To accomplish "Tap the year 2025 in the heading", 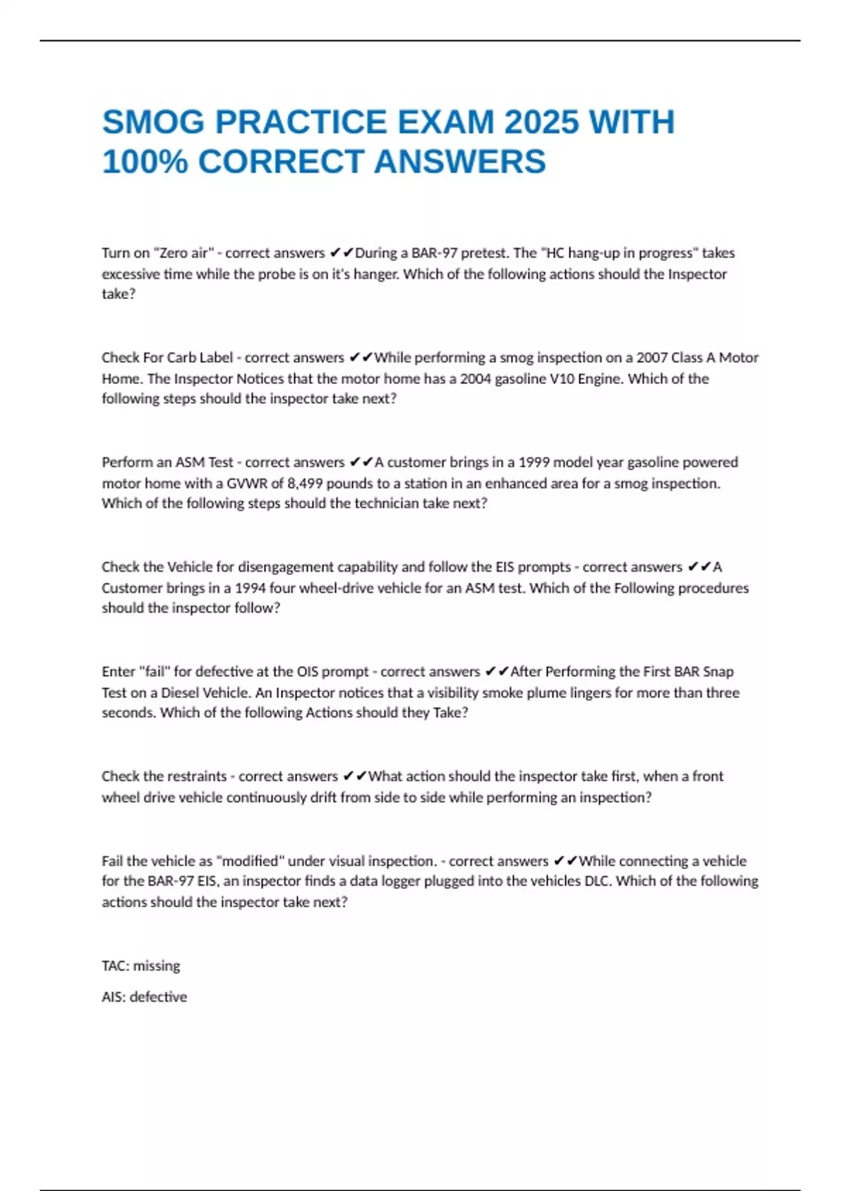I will pyautogui.click(x=540, y=123).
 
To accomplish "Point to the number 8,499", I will pyautogui.click(x=306, y=483).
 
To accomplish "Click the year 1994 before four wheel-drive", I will pyautogui.click(x=249, y=588).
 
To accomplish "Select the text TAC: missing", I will pyautogui.click(x=141, y=966).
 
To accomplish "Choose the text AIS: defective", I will pyautogui.click(x=144, y=997).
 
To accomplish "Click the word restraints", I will pyautogui.click(x=197, y=776).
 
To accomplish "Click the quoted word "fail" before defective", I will pyautogui.click(x=155, y=672).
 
